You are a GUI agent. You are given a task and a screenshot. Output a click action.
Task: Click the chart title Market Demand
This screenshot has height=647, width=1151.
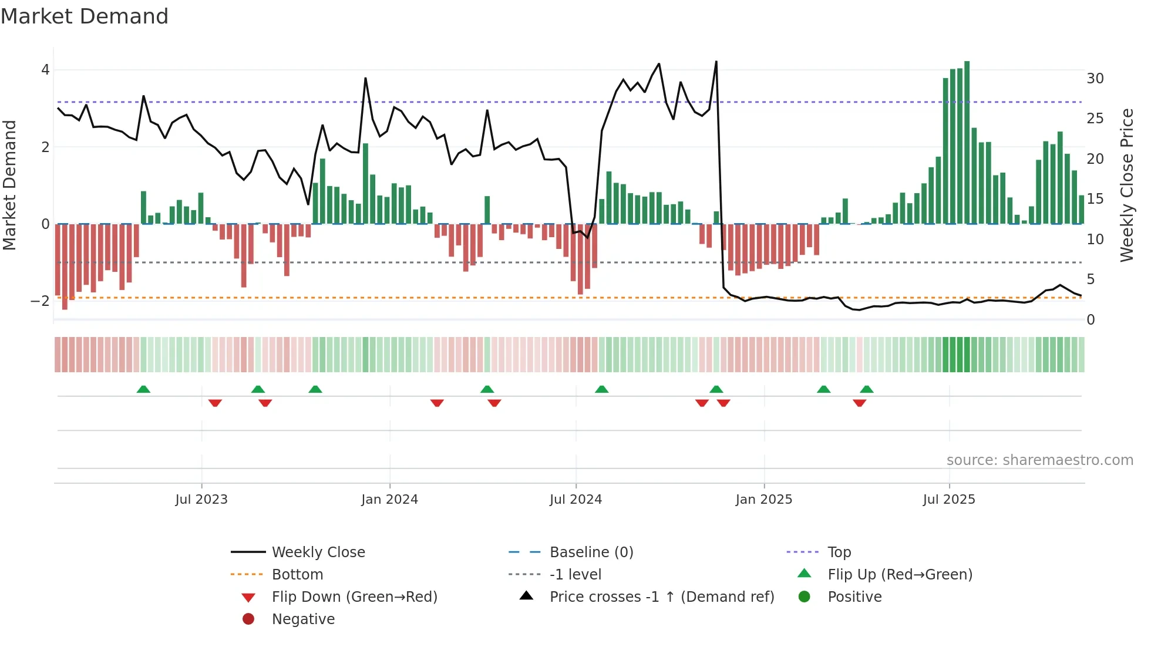(x=85, y=16)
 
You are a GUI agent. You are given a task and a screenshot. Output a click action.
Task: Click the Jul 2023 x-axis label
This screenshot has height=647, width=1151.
(x=201, y=500)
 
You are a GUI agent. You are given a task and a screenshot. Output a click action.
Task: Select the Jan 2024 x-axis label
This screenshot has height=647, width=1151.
(x=389, y=500)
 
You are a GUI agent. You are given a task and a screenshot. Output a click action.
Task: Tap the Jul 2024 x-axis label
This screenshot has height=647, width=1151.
(x=575, y=500)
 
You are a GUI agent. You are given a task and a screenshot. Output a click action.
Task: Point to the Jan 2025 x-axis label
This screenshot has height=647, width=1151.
(x=763, y=500)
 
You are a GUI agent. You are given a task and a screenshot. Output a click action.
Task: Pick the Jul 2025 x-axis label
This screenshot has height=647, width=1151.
(x=948, y=500)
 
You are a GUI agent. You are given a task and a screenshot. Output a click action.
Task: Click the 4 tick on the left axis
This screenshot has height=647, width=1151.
(x=45, y=70)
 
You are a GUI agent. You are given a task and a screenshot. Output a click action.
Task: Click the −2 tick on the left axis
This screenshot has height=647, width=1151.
(x=41, y=301)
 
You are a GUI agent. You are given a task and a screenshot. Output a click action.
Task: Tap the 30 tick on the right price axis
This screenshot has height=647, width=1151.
(x=1095, y=79)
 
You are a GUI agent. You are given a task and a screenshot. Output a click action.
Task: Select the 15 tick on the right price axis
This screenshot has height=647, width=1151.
(x=1095, y=199)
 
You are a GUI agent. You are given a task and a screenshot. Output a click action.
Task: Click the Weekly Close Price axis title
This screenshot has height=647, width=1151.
(x=1126, y=185)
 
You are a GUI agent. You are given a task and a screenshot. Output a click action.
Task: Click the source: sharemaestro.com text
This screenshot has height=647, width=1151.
(x=1039, y=460)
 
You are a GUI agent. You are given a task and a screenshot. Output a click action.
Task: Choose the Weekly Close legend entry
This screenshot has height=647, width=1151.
(x=318, y=552)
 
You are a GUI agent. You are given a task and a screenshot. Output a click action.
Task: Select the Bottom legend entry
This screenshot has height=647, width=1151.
(x=297, y=575)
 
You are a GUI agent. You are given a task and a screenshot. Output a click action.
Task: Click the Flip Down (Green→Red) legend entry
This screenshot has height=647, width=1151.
(x=354, y=597)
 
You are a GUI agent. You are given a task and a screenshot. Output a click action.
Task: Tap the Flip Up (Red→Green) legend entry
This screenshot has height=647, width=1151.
(x=900, y=575)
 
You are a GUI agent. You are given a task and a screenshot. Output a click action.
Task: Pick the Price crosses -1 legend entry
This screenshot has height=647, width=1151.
(x=661, y=597)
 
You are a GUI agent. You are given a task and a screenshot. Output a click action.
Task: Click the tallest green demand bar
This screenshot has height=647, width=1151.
(x=967, y=141)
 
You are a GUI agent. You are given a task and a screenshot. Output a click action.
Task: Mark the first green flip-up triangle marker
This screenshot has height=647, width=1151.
(x=143, y=389)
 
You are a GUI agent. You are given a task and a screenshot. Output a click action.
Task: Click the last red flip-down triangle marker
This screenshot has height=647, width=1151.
(x=859, y=403)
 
